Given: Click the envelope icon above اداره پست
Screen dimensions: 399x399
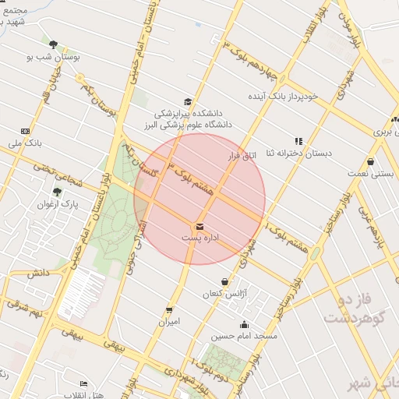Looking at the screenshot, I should point(200,226).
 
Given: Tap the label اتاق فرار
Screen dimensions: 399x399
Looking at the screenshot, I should point(242,157).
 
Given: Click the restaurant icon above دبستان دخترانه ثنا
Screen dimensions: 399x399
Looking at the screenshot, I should point(298,141).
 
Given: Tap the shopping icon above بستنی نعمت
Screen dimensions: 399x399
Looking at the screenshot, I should point(370,162).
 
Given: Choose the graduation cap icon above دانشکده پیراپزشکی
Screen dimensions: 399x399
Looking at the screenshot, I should point(187,101).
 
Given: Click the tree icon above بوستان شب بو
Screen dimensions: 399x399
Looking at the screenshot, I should point(53,44).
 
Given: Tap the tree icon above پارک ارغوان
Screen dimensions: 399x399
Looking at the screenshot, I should point(57,192).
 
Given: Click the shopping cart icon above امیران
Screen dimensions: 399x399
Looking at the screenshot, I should point(169,310).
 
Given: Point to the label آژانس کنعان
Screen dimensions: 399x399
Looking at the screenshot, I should point(231,293).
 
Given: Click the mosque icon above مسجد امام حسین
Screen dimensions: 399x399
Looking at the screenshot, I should point(244,325).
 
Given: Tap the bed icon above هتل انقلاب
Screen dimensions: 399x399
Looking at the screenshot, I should point(84,384).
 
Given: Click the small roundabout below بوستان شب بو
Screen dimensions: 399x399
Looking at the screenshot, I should point(79,78).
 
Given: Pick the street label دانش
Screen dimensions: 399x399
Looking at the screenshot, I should point(38,274).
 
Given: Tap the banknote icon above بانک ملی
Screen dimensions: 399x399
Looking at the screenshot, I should point(26,131).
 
